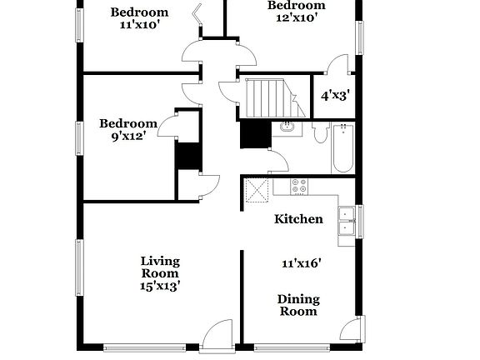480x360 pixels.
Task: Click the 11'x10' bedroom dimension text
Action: tap(140, 25)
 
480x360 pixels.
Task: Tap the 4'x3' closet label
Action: tap(334, 95)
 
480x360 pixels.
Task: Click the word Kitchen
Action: tap(299, 219)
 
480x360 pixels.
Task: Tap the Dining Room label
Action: tap(297, 305)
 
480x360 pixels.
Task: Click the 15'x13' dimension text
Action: tap(160, 286)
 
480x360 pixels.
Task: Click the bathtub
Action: tap(342, 147)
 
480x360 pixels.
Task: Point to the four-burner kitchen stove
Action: tap(298, 187)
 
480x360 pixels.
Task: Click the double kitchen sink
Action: tap(345, 223)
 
